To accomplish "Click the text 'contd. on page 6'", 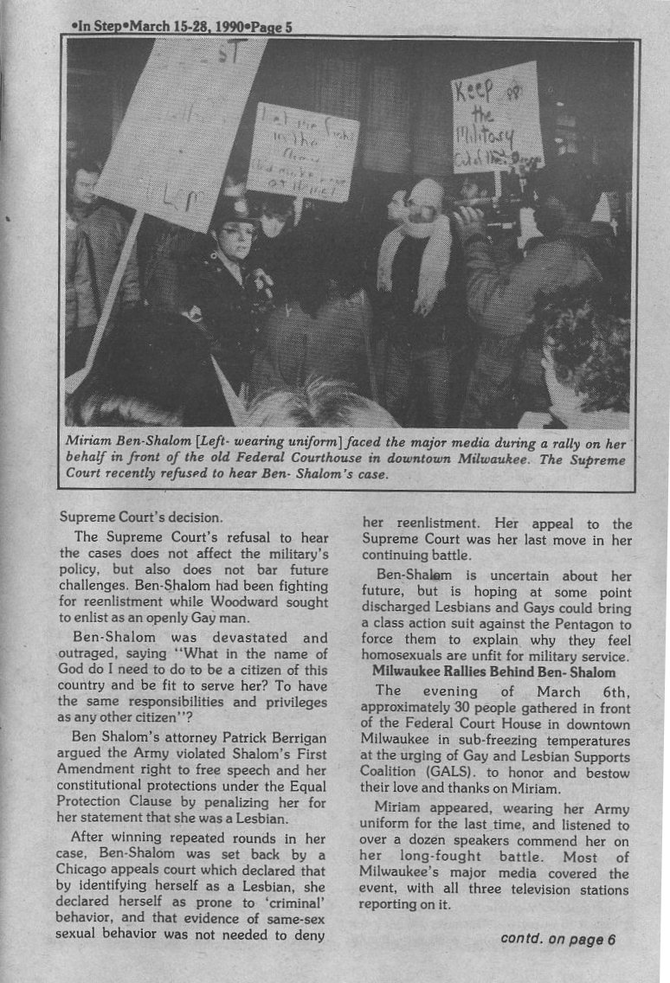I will pyautogui.click(x=557, y=941).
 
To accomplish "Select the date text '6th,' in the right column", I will pyautogui.click(x=612, y=691).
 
